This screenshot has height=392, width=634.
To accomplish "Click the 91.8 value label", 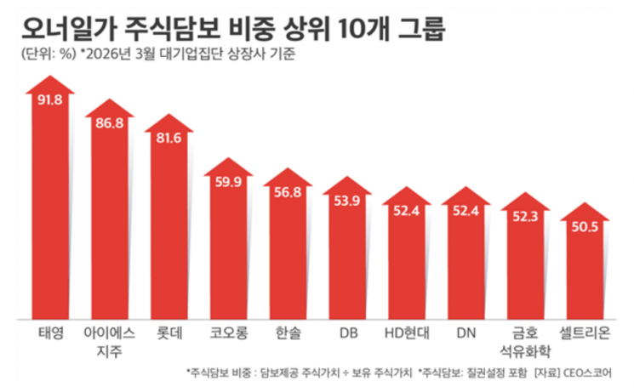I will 50,100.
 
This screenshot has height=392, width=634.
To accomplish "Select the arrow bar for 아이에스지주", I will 110,221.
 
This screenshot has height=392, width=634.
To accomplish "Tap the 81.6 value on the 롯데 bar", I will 169,139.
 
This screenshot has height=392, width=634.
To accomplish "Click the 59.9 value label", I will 228,180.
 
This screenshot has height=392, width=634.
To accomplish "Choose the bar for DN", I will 466,264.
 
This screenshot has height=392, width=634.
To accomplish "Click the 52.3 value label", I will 525,217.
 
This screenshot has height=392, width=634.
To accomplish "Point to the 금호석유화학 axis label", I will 525,340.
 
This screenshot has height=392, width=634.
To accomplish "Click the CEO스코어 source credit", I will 601,372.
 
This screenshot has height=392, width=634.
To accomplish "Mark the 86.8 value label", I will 110,123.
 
